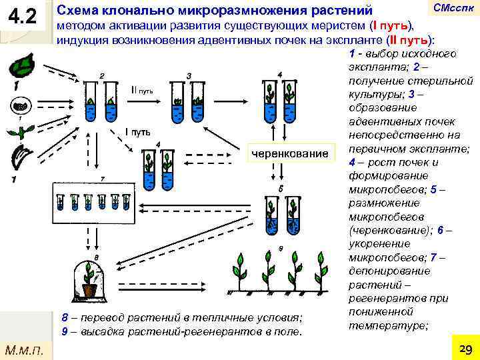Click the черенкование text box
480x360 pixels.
point(289,154)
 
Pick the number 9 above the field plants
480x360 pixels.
point(282,248)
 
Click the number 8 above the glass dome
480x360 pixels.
point(97,256)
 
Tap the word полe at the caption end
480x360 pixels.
point(291,331)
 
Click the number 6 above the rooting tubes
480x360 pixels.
point(282,189)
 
